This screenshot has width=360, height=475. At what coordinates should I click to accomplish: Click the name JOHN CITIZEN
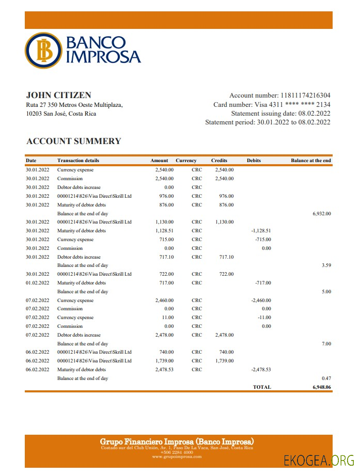pyautogui.click(x=58, y=95)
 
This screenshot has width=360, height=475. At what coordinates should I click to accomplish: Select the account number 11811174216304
pyautogui.click(x=305, y=96)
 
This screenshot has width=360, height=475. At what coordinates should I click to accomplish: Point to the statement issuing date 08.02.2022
pyautogui.click(x=314, y=114)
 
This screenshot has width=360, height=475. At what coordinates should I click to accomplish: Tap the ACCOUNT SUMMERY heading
pyautogui.click(x=73, y=141)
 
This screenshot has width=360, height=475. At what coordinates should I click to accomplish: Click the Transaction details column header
pyautogui.click(x=78, y=161)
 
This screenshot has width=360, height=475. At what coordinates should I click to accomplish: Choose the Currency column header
pyautogui.click(x=186, y=161)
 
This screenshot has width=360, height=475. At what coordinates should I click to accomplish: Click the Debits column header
pyautogui.click(x=254, y=161)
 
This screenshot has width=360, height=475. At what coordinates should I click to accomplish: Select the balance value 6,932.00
pyautogui.click(x=321, y=213)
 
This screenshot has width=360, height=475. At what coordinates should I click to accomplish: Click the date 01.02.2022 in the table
pyautogui.click(x=37, y=283)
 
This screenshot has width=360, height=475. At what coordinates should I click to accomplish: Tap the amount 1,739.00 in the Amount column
pyautogui.click(x=164, y=360)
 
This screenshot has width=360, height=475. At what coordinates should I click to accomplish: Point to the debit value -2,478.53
pyautogui.click(x=261, y=369)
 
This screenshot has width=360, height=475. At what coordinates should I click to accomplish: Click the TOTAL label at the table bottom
pyautogui.click(x=261, y=387)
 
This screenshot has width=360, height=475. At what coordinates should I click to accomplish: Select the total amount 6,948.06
pyautogui.click(x=321, y=387)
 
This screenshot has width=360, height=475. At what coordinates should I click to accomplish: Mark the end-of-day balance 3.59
pyautogui.click(x=326, y=265)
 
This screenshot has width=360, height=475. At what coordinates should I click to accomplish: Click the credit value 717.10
pyautogui.click(x=226, y=257)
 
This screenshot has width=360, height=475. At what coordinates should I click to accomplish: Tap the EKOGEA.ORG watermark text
pyautogui.click(x=318, y=460)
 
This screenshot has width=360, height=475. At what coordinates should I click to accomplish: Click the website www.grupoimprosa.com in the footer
pyautogui.click(x=177, y=457)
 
